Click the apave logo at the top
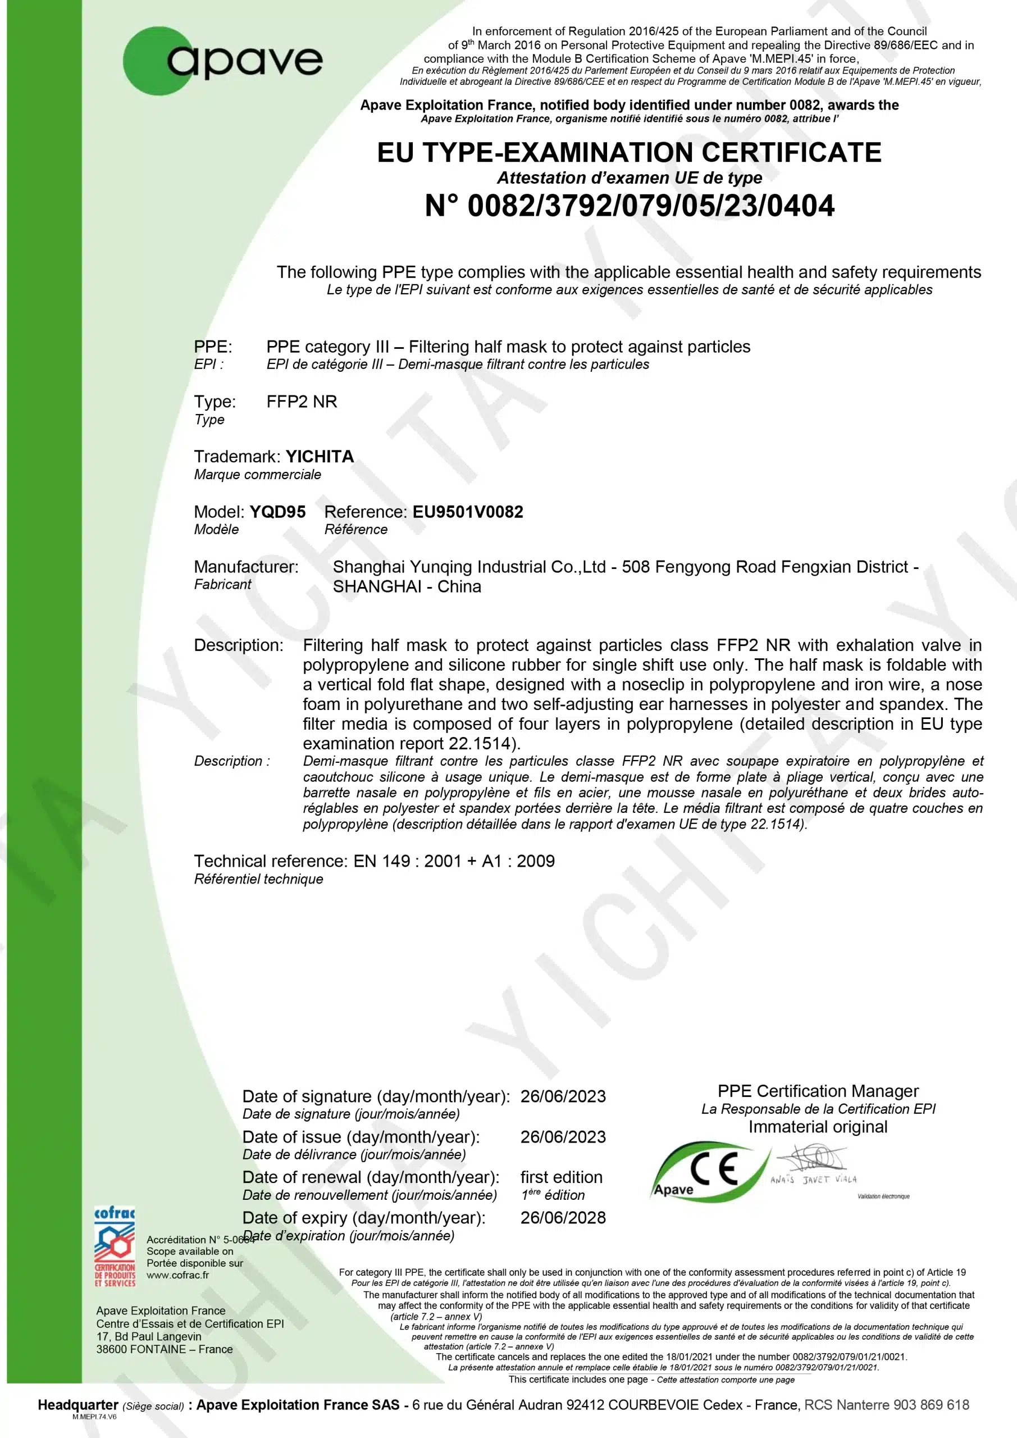coord(223,61)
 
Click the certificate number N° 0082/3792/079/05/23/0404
coord(629,206)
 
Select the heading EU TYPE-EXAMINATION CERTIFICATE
coord(629,153)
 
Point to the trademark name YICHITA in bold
coord(320,457)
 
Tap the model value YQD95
coord(277,512)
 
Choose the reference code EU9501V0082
coord(467,512)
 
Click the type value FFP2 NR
coord(302,402)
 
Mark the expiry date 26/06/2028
coord(563,1218)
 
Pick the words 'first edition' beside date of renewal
coord(561,1177)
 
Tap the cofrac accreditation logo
coord(115,1246)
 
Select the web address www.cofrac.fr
coord(178,1275)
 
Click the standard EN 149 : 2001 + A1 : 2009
coord(454,861)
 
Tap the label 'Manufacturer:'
coord(246,567)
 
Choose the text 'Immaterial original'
coord(818,1127)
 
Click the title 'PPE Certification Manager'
coord(818,1091)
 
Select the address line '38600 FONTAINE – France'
coord(165,1349)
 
